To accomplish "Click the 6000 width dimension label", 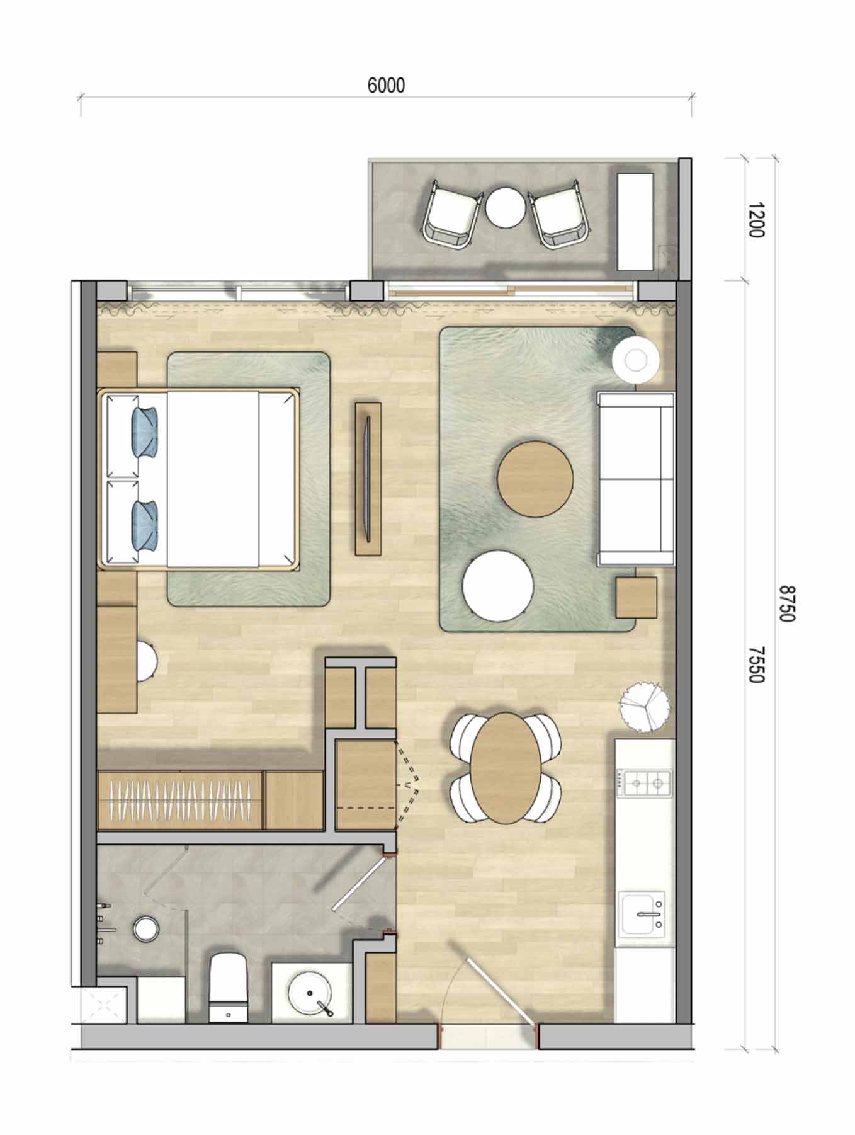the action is [x=386, y=85].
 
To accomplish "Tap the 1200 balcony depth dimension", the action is [x=756, y=220].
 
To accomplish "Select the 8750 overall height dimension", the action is [x=787, y=603].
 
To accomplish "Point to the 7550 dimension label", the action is [x=756, y=664].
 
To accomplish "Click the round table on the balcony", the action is [x=504, y=208].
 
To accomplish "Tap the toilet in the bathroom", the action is [x=229, y=987].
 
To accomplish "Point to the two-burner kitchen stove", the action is [x=643, y=783].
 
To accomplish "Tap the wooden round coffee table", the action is [x=535, y=479].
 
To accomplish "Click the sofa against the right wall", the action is [x=635, y=479].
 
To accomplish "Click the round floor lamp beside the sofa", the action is [x=636, y=360].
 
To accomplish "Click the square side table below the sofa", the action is [x=636, y=597].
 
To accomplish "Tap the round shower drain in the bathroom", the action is [x=145, y=929].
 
